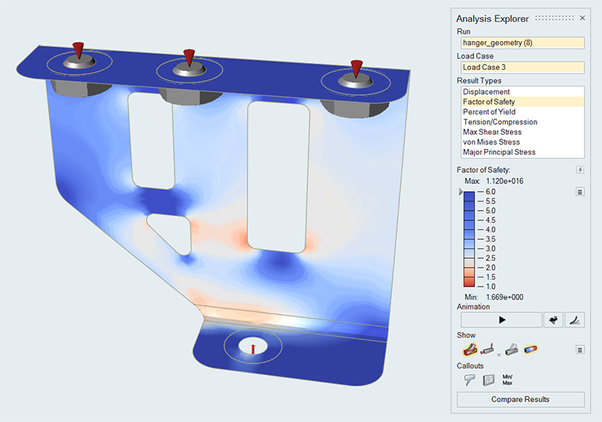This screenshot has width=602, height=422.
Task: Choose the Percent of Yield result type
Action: pos(489,111)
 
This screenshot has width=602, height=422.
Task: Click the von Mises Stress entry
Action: pos(491,141)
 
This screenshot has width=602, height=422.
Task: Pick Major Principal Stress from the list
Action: pos(499,152)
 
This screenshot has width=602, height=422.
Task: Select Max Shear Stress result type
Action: pos(492,132)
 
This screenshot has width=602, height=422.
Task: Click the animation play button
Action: pos(502,320)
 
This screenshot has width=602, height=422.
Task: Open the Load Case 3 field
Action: pos(520,67)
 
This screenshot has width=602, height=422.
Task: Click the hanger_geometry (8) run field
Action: pos(520,43)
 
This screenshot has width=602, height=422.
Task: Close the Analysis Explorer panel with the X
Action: pos(582,18)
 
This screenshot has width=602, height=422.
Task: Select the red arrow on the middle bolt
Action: pos(190,57)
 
